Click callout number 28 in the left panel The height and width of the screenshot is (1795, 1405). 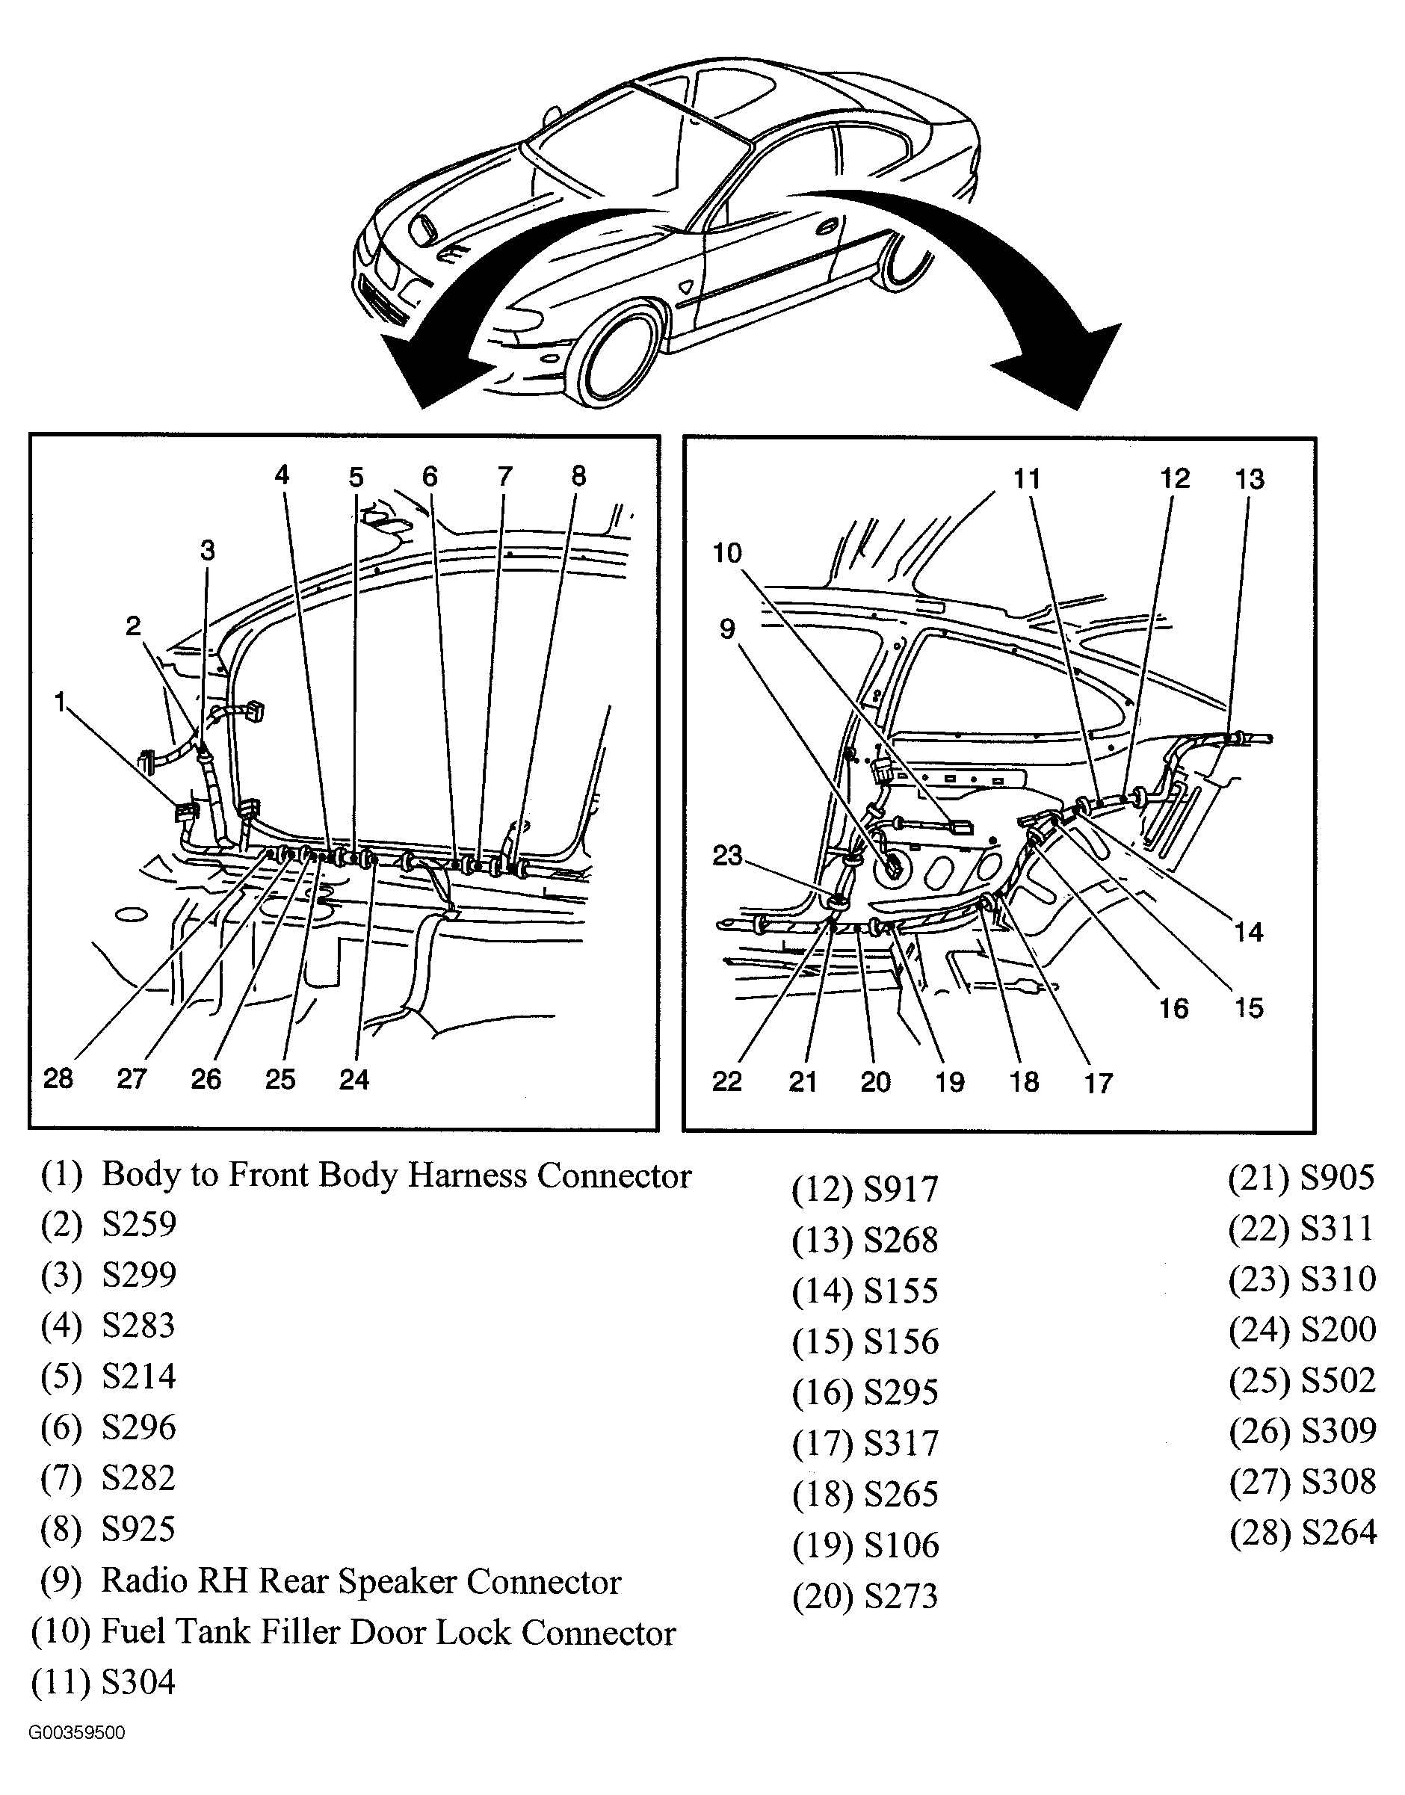click(58, 1078)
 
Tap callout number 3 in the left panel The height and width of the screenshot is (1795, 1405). click(207, 550)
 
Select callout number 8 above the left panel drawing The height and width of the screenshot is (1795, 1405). click(578, 476)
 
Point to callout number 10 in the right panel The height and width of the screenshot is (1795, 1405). click(727, 553)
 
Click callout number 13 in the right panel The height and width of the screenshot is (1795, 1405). click(1250, 480)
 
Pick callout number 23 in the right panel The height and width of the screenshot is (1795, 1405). click(727, 856)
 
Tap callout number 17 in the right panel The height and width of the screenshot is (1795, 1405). click(1098, 1083)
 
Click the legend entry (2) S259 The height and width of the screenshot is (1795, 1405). click(108, 1225)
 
